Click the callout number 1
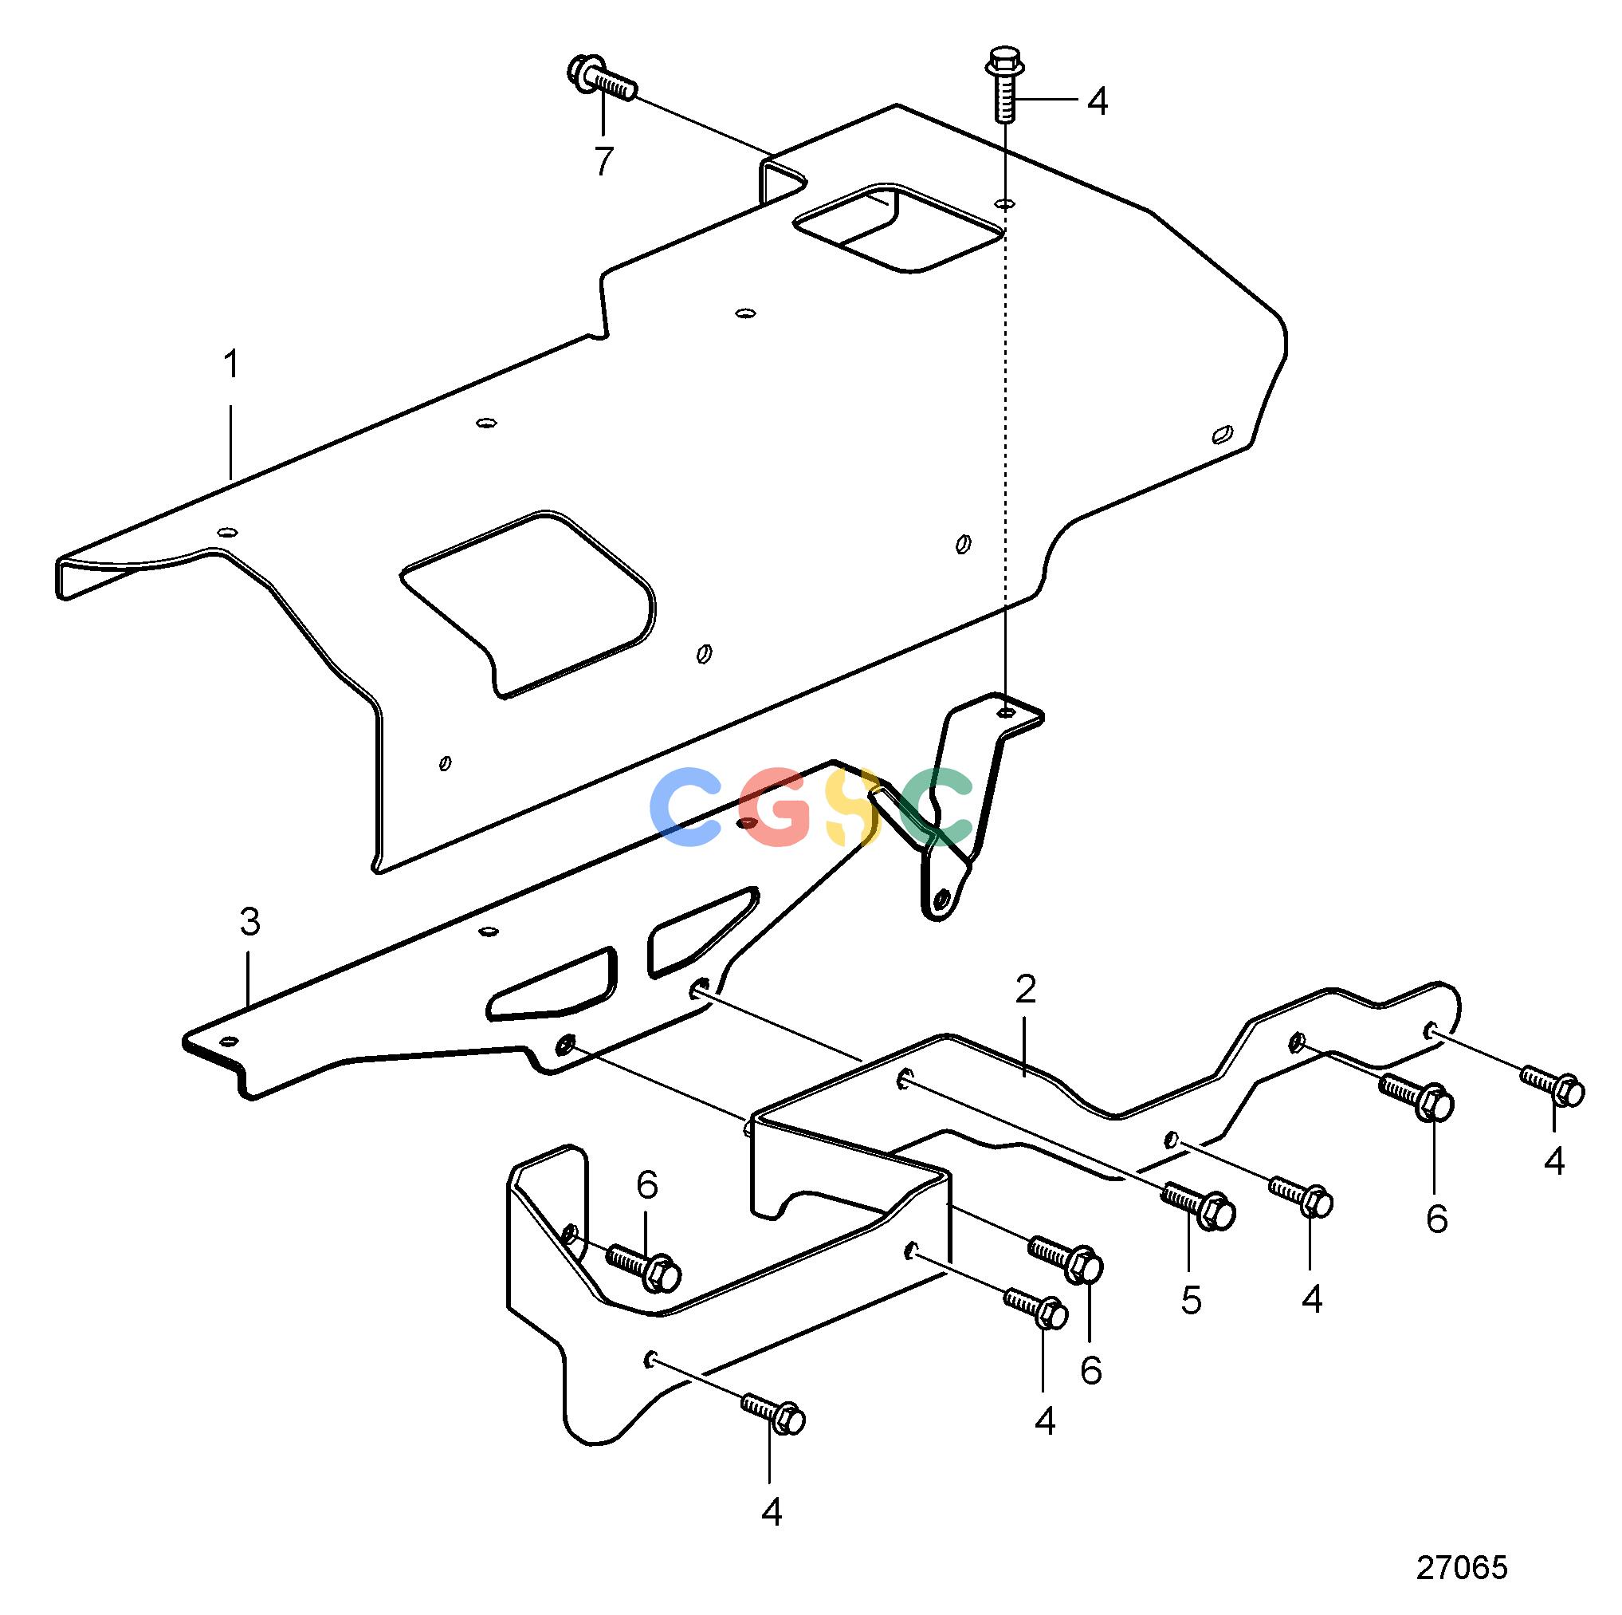pyautogui.click(x=231, y=365)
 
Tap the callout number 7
pyautogui.click(x=603, y=161)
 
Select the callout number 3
pyautogui.click(x=250, y=922)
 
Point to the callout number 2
pyautogui.click(x=1025, y=991)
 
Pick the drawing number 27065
pyautogui.click(x=1463, y=1567)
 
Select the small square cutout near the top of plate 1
pyautogui.click(x=898, y=228)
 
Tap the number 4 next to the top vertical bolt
pyautogui.click(x=1098, y=101)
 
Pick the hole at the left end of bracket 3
pyautogui.click(x=226, y=1042)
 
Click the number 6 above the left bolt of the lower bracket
pyautogui.click(x=647, y=1185)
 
